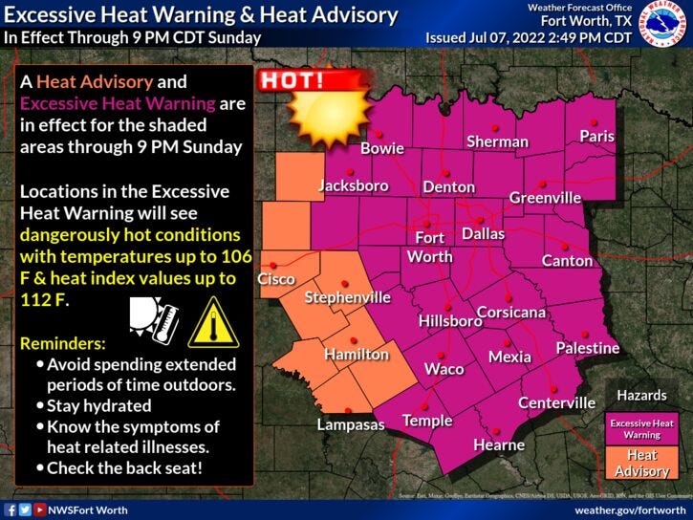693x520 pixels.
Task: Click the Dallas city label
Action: point(483,233)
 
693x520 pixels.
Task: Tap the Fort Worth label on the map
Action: point(429,247)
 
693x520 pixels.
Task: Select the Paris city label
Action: point(597,137)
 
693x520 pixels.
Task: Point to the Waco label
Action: point(444,369)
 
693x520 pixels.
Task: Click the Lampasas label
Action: point(350,424)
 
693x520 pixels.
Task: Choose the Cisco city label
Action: point(276,279)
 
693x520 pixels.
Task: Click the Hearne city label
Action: point(499,444)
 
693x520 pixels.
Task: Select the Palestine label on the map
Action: point(588,348)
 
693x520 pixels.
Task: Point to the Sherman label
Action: point(497,141)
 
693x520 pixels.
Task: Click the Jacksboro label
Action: point(354,185)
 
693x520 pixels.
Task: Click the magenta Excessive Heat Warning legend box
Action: point(641,428)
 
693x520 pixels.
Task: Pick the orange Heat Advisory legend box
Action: point(641,464)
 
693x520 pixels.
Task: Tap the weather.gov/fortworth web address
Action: point(631,509)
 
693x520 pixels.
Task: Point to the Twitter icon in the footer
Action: point(25,509)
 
